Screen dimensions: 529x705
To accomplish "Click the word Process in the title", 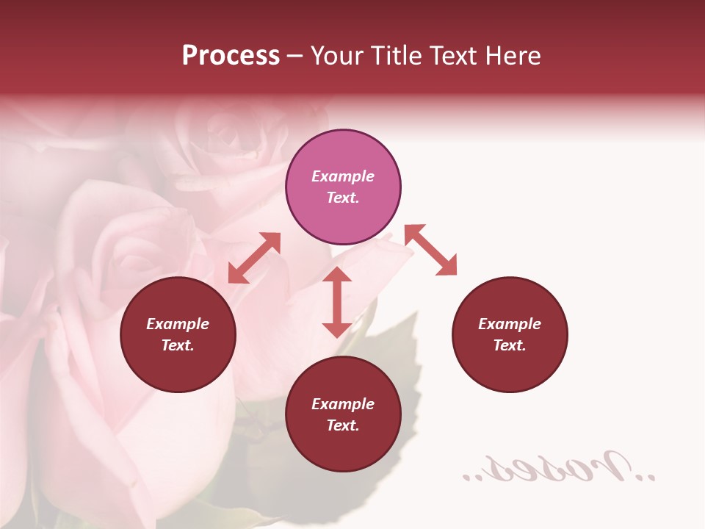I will [231, 56].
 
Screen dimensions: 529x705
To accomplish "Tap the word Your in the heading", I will [338, 56].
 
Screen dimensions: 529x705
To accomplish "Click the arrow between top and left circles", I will [254, 258].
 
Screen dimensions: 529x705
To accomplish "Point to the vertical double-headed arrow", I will [337, 302].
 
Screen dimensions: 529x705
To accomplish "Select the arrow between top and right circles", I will [430, 250].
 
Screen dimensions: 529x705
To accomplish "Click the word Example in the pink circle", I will [343, 176].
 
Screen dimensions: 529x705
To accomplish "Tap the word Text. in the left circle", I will [178, 345].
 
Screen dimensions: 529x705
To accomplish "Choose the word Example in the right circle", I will [510, 324].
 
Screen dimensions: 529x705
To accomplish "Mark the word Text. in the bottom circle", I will [343, 425].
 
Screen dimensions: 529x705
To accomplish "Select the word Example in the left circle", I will [178, 324].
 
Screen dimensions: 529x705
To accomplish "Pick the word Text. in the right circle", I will [510, 345].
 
